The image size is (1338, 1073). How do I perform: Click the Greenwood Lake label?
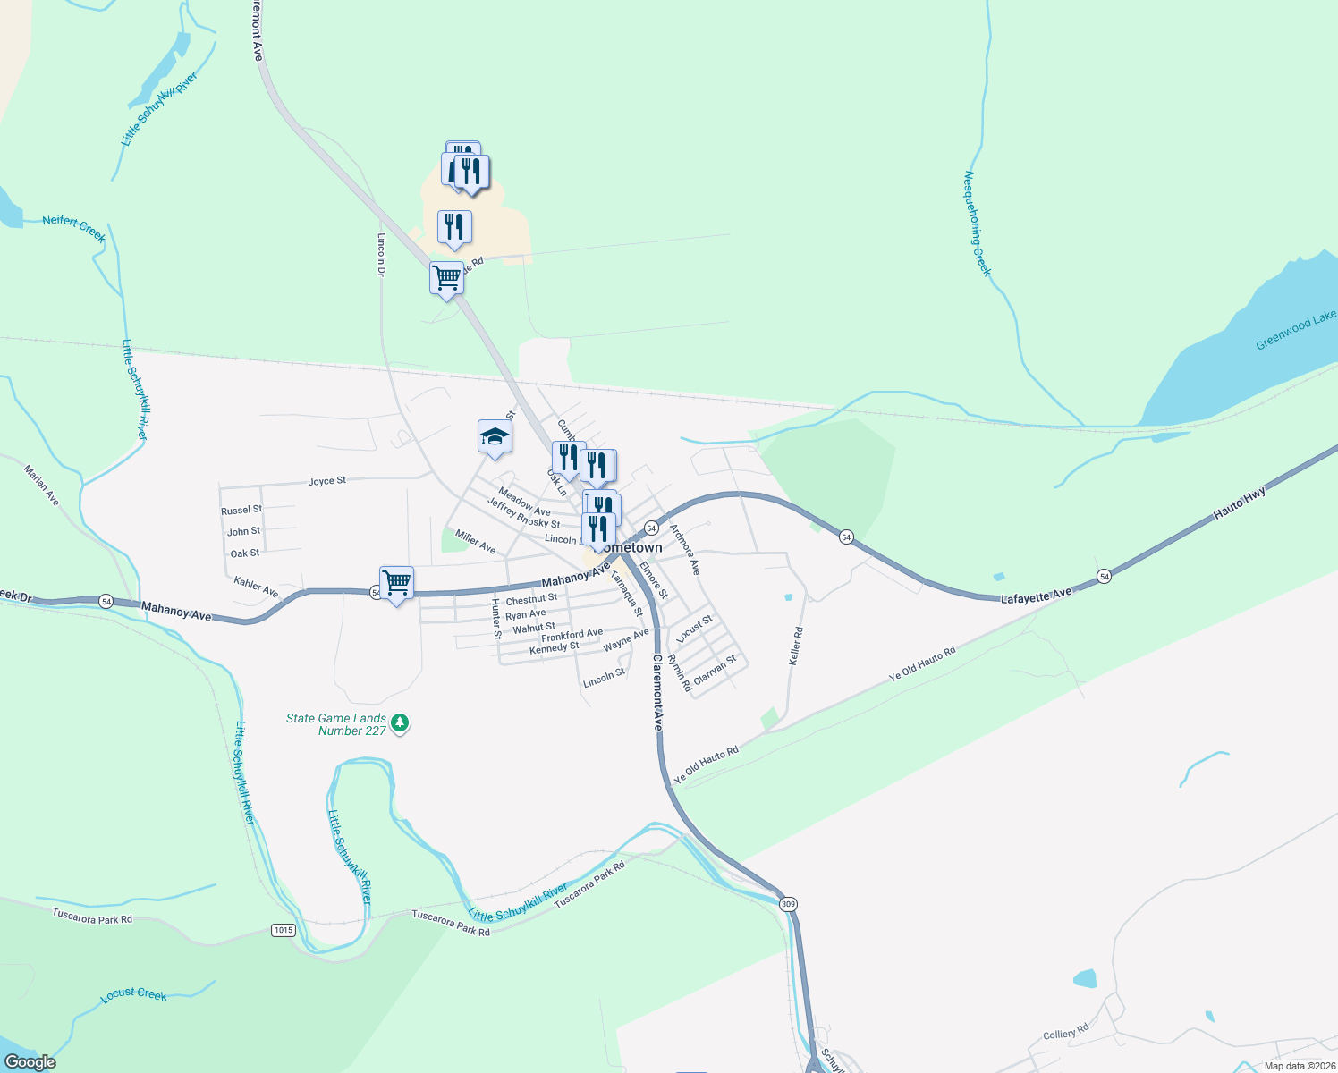point(1295,331)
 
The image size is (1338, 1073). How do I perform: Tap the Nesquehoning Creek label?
point(978,224)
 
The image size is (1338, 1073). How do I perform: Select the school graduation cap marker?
point(495,437)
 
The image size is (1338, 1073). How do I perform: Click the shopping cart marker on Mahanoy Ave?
point(396,583)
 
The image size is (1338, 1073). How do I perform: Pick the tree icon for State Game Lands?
point(401,722)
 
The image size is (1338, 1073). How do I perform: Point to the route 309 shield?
point(788,904)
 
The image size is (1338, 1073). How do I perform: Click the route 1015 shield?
point(283,930)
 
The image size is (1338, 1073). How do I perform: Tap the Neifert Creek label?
point(74,227)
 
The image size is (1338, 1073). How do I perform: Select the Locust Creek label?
point(134,994)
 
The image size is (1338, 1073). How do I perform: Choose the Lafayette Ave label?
point(1036,596)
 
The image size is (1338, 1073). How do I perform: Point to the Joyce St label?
point(327,481)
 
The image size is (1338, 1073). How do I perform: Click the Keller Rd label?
point(795,645)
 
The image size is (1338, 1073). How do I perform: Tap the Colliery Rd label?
point(1066,1033)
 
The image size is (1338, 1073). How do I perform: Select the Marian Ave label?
point(42,486)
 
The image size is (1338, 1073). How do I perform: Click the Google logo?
point(30,1062)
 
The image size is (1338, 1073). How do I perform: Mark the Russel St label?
point(241,510)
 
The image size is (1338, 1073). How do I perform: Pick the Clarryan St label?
point(716,670)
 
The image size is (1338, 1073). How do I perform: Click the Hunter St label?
point(496,619)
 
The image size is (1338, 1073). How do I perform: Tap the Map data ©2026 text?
point(1300,1066)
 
